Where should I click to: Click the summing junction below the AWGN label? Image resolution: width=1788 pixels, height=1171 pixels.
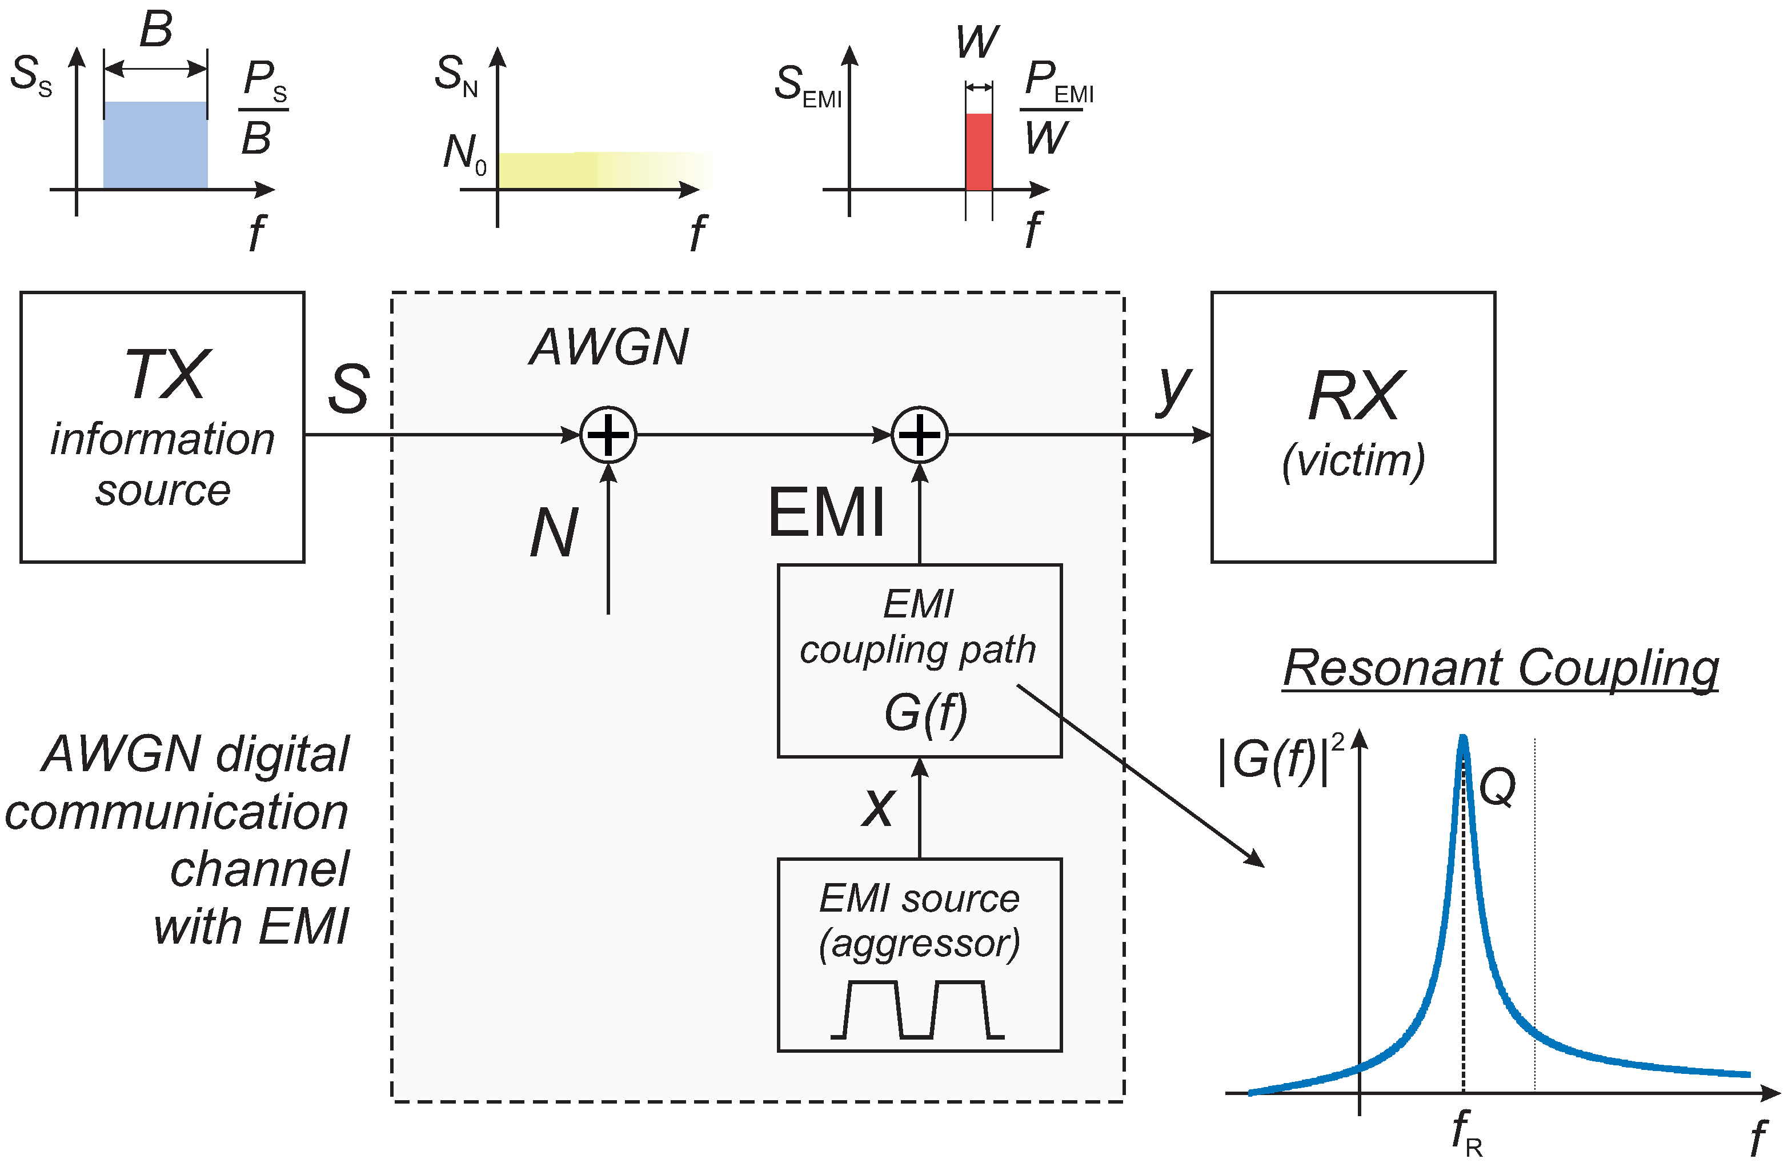point(608,435)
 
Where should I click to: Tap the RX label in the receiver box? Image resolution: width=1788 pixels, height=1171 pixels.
point(1354,396)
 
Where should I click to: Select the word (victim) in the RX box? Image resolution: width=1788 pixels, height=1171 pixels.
point(1353,460)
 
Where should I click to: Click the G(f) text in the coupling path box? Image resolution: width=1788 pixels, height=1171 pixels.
point(925,712)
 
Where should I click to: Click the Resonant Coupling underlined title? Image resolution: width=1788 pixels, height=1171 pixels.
point(1500,668)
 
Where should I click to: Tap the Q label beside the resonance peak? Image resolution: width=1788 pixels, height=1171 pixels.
point(1497,788)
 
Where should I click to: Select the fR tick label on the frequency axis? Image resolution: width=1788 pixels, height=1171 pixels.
point(1466,1132)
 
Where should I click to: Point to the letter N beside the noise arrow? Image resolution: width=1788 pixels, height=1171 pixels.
point(554,534)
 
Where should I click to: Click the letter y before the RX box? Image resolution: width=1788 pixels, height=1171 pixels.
point(1173,389)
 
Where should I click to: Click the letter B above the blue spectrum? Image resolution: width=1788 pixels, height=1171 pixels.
point(157,30)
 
